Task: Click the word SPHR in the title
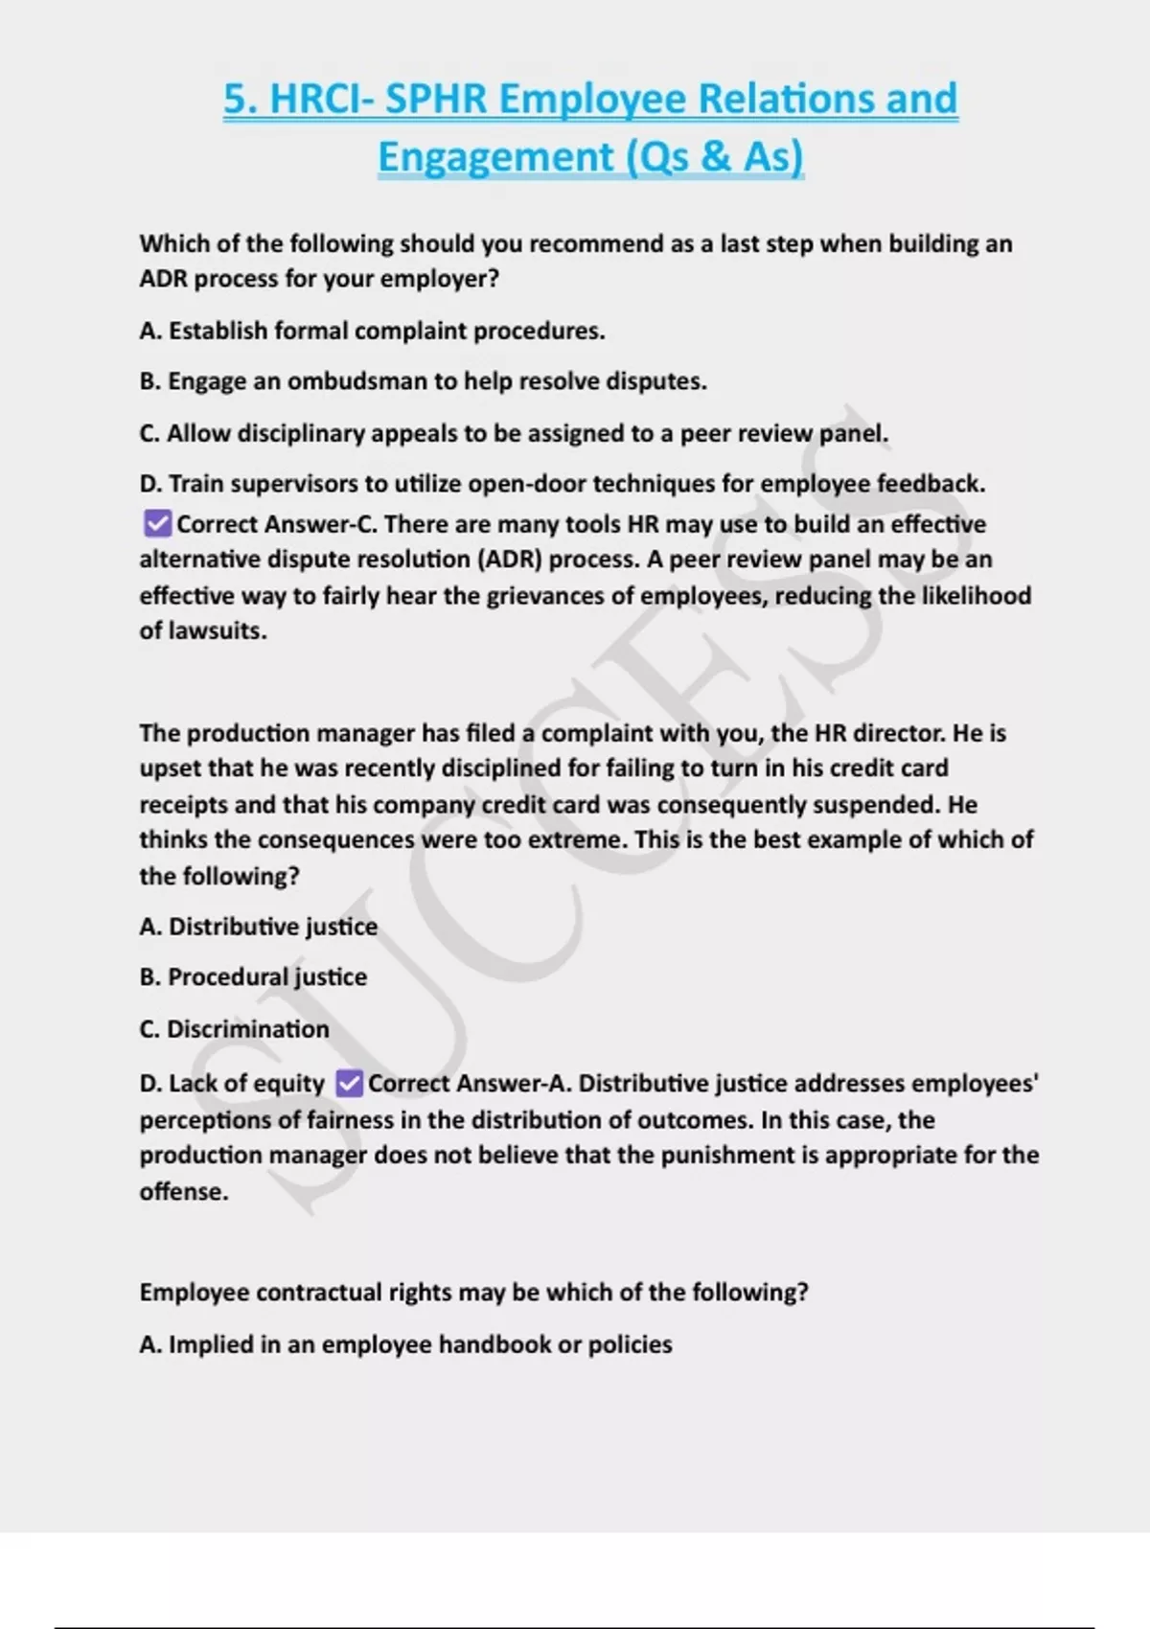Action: pos(436,99)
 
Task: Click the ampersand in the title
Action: pos(715,156)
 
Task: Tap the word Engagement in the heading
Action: pos(495,156)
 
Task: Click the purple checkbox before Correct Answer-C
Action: pos(156,524)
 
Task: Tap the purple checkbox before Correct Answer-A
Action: pos(349,1084)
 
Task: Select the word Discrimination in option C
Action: pos(248,1029)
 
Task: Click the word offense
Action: pos(184,1192)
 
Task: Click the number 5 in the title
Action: pos(235,99)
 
